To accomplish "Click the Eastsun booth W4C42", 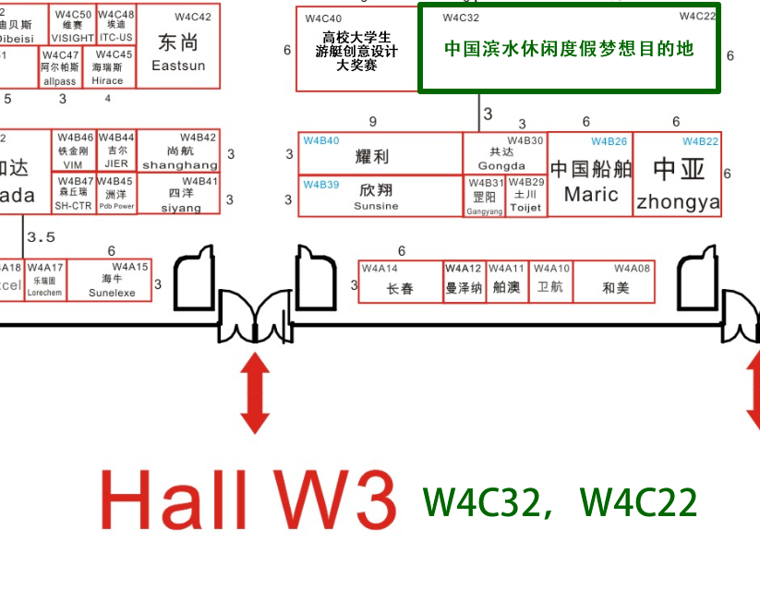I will click(179, 48).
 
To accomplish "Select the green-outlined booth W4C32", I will click(569, 48).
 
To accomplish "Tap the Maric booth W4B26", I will click(591, 175).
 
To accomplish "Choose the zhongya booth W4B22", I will click(678, 175).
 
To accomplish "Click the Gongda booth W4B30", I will click(505, 152).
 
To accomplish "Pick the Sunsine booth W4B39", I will click(380, 195).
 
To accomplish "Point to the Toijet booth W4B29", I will click(526, 196).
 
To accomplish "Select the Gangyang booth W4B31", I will click(485, 196).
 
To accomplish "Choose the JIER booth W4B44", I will click(116, 152).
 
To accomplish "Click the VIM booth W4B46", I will click(74, 152).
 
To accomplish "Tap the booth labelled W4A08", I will click(615, 282).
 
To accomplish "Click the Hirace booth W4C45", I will click(115, 68).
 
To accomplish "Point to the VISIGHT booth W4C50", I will click(73, 26).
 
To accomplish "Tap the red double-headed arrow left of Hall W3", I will click(255, 394).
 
